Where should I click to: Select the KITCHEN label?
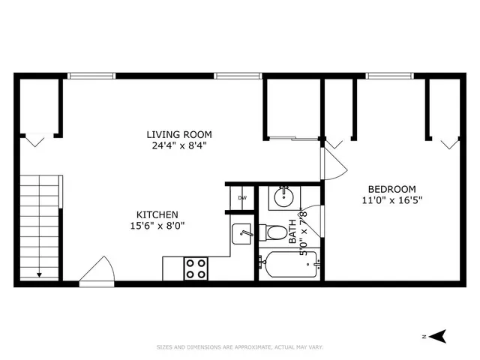pyautogui.click(x=157, y=213)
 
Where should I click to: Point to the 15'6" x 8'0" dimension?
pyautogui.click(x=157, y=224)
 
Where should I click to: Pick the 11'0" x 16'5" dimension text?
pyautogui.click(x=392, y=200)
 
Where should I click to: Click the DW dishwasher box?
pyautogui.click(x=241, y=198)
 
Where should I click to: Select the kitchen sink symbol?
pyautogui.click(x=241, y=233)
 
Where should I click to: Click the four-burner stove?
pyautogui.click(x=196, y=268)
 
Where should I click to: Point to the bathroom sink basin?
pyautogui.click(x=283, y=198)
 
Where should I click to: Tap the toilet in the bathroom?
pyautogui.click(x=271, y=231)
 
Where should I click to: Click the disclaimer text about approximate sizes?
pyautogui.click(x=240, y=347)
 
